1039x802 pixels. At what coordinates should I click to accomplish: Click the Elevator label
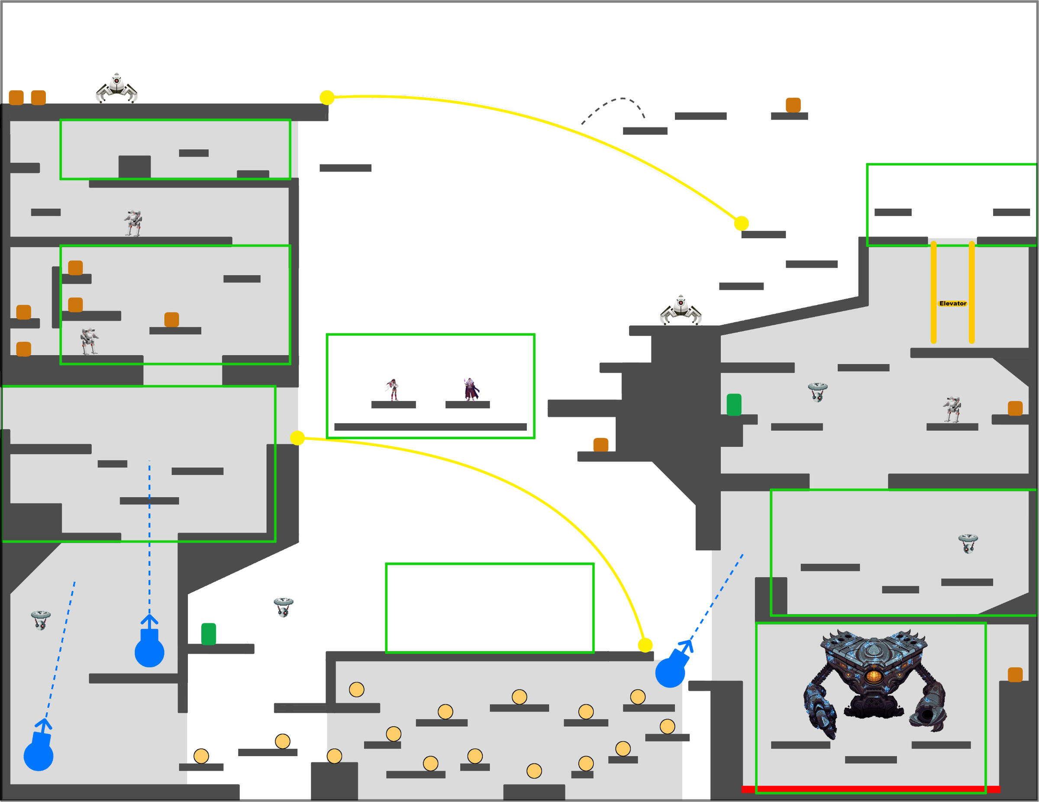tap(952, 303)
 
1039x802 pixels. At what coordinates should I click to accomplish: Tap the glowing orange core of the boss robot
tap(873, 676)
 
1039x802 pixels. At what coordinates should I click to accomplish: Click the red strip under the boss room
tap(871, 789)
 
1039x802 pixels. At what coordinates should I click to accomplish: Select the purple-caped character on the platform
tap(471, 389)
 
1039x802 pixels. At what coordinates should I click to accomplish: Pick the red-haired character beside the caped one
tap(393, 389)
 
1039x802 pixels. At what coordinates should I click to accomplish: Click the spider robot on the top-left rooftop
tap(116, 88)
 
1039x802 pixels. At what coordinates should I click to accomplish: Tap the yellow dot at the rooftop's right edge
tap(327, 97)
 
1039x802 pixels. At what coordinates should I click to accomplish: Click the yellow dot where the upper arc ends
tap(741, 223)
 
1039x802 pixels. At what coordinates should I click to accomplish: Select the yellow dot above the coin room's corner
tap(645, 645)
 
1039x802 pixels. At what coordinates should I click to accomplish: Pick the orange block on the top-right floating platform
tap(793, 105)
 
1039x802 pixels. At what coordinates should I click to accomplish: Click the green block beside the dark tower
tap(734, 404)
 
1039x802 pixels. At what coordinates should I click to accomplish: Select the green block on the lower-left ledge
tap(208, 634)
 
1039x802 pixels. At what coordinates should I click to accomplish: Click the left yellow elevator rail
tap(933, 293)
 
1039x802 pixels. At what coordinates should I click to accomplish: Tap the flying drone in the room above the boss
tap(968, 543)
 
